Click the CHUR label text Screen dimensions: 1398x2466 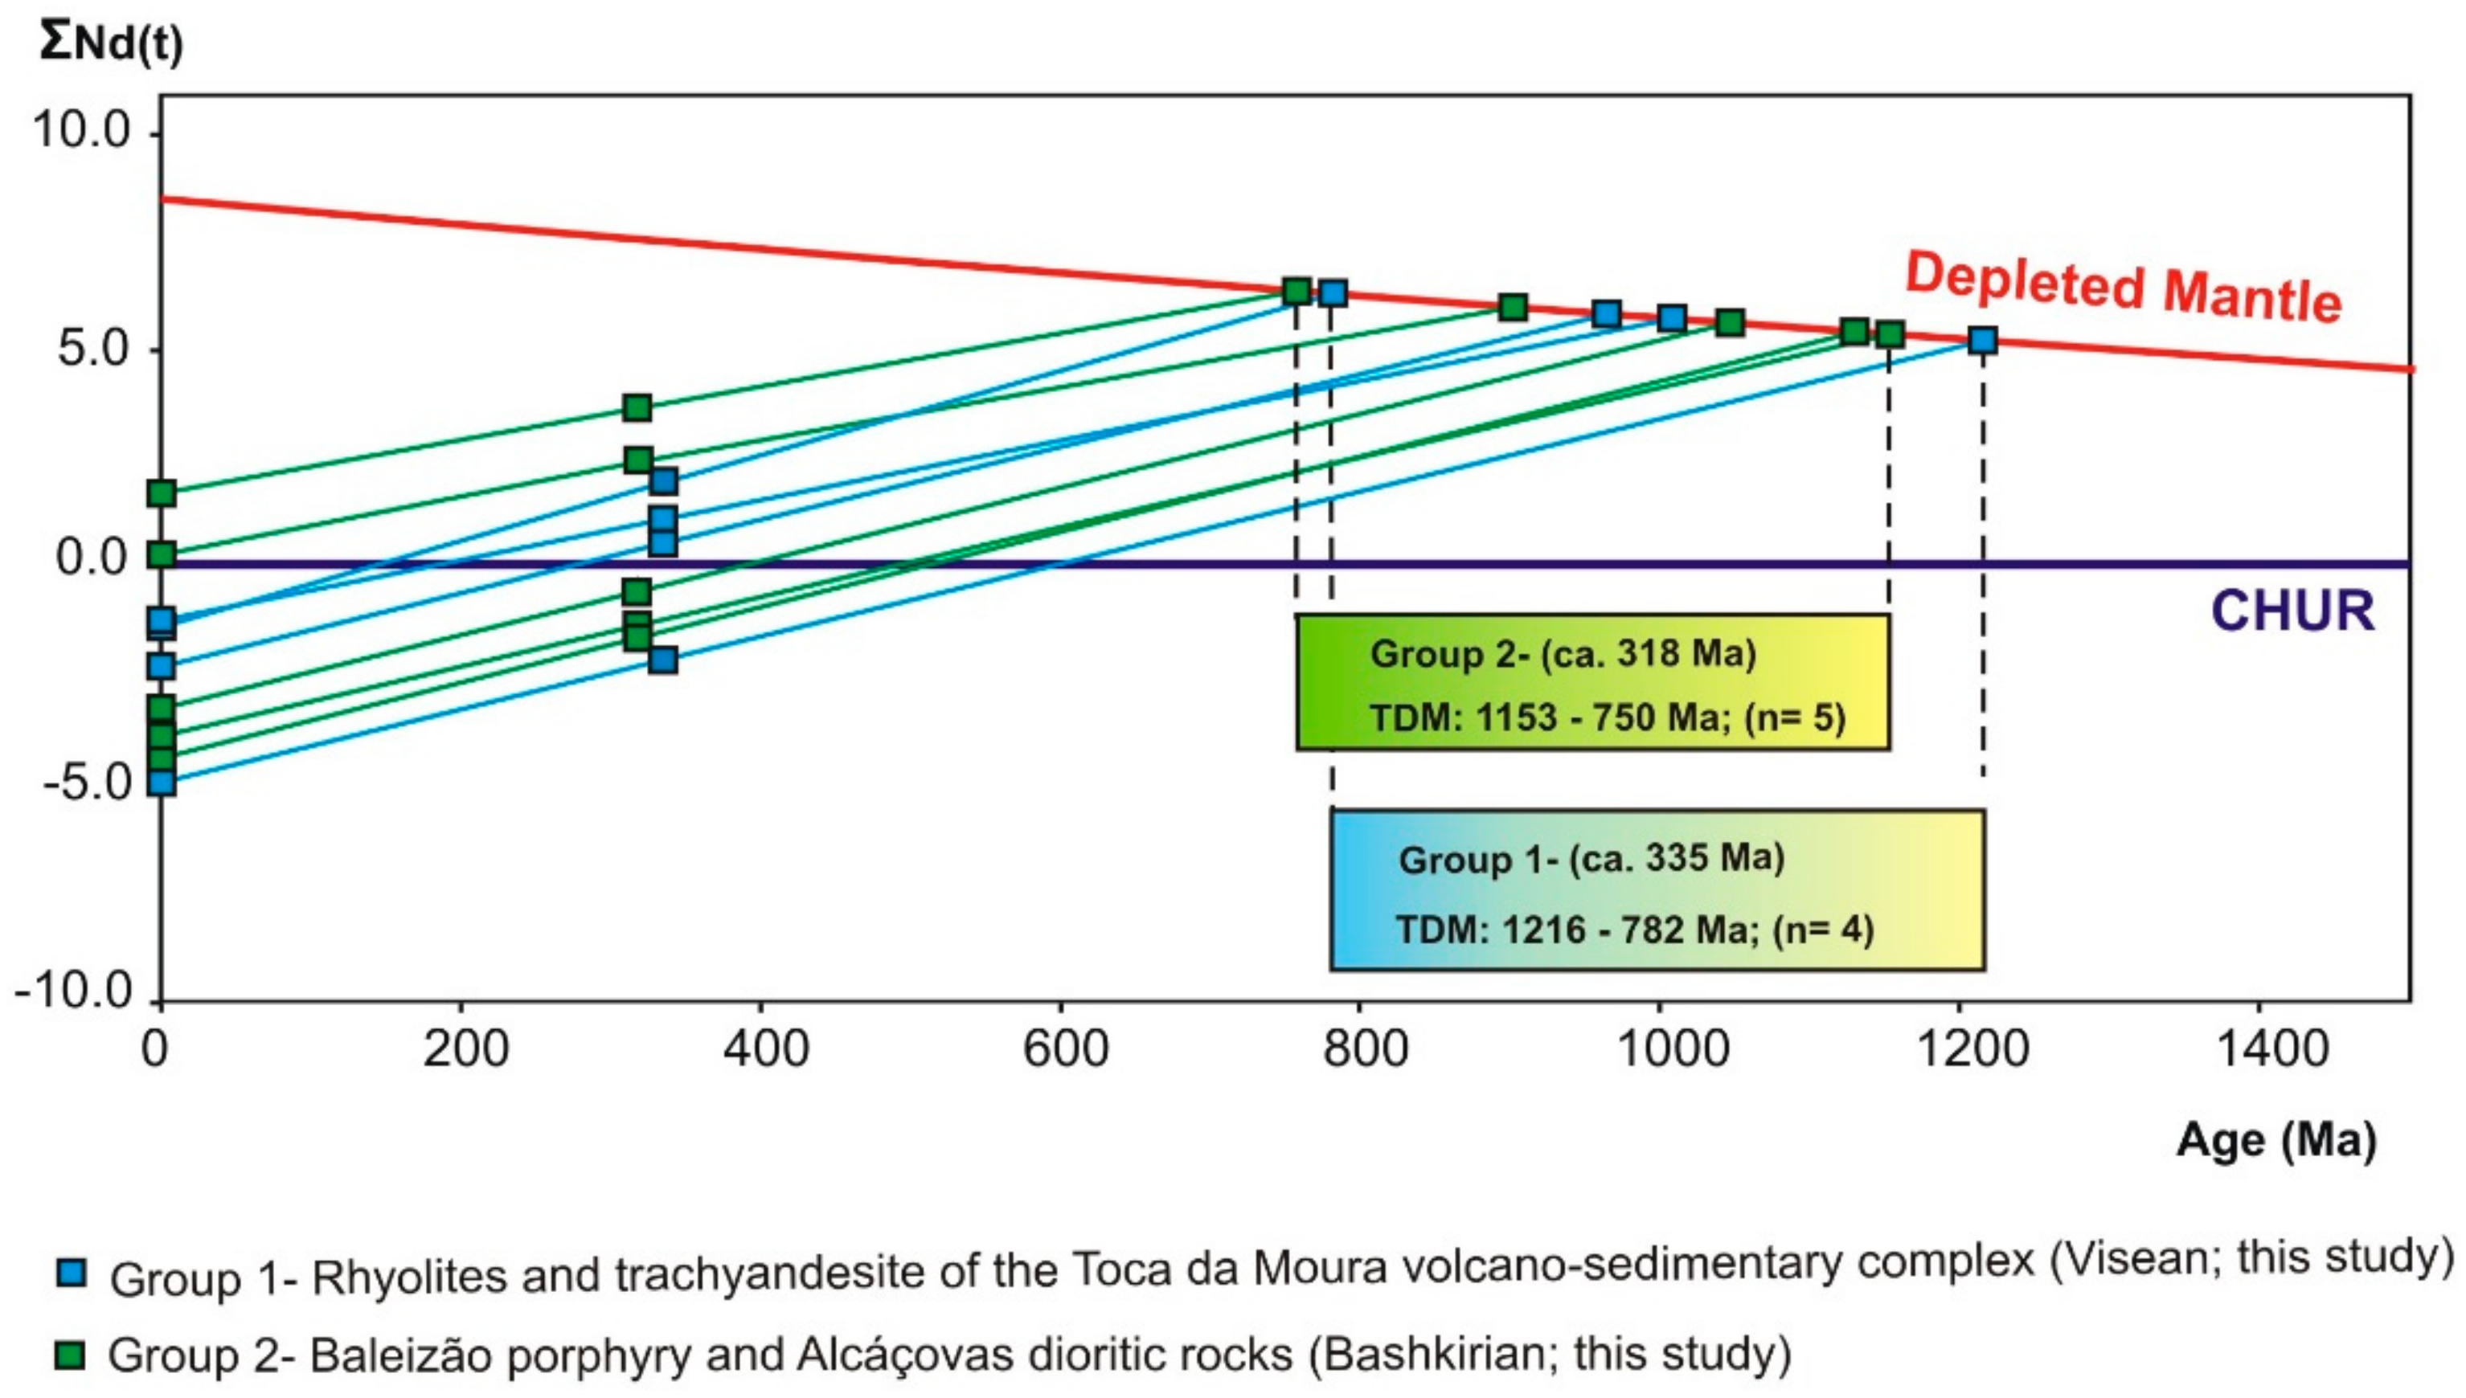click(x=2292, y=611)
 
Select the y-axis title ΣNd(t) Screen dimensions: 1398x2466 click(x=110, y=43)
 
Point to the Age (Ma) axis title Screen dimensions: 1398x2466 click(x=2276, y=1141)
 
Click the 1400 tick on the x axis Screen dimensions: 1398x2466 click(x=2272, y=1048)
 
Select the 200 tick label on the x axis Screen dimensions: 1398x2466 click(x=465, y=1048)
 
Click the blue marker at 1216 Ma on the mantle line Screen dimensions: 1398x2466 click(x=1982, y=340)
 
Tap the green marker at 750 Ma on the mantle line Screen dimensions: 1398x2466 click(x=1296, y=291)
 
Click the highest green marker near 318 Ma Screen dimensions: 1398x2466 click(x=637, y=408)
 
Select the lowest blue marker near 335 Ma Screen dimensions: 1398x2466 click(x=662, y=660)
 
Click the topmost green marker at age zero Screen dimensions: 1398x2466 click(x=162, y=493)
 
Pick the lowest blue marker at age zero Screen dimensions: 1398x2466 click(x=162, y=782)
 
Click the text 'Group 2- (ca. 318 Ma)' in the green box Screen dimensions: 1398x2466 click(x=1563, y=654)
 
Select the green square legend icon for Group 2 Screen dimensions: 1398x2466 click(x=72, y=1355)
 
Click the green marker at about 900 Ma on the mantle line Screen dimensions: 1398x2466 click(x=1513, y=307)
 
